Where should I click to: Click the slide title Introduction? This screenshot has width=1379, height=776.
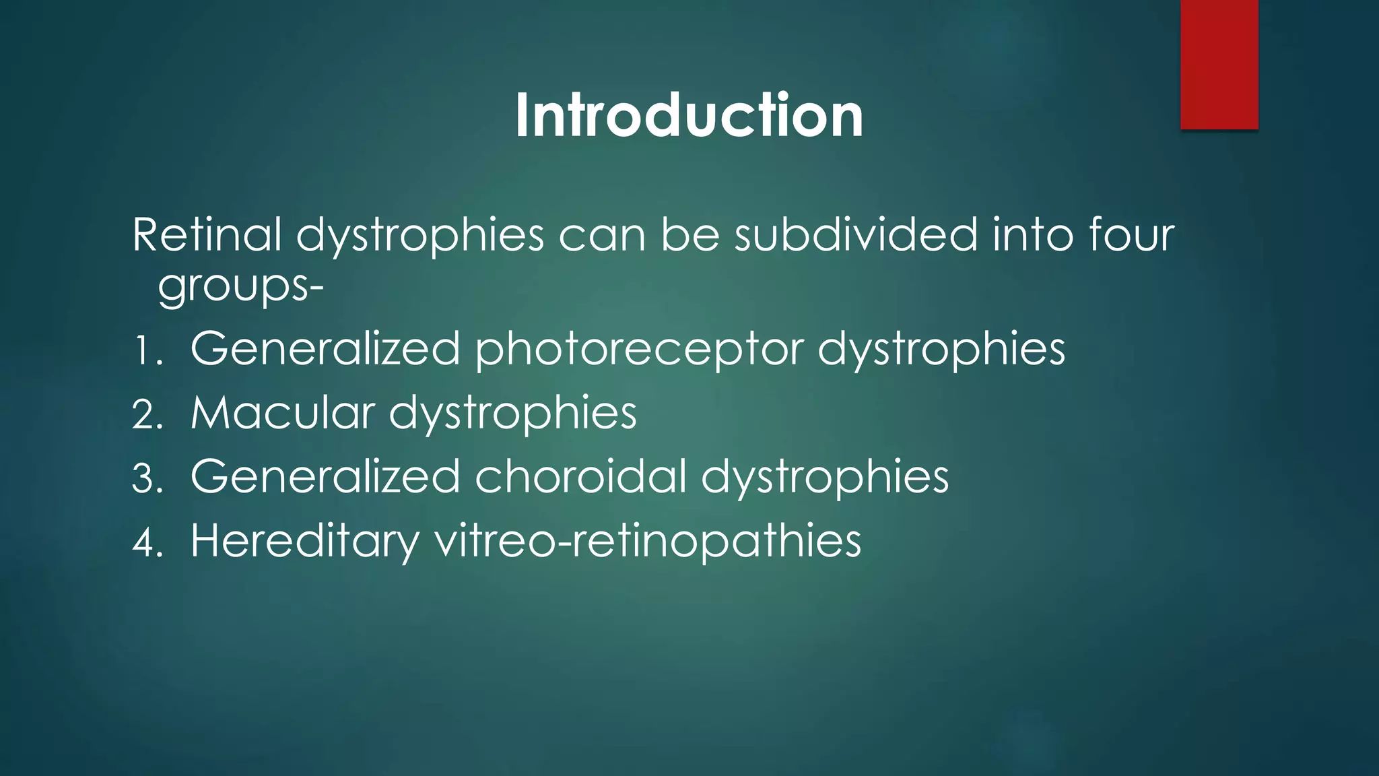pyautogui.click(x=689, y=116)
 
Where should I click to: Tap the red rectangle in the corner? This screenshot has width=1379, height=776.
pyautogui.click(x=1219, y=64)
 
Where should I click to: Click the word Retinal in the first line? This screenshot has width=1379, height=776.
pyautogui.click(x=207, y=235)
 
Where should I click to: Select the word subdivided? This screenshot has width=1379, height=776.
pyautogui.click(x=855, y=235)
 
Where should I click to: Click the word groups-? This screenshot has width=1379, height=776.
pyautogui.click(x=240, y=286)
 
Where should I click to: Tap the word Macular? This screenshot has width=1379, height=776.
pyautogui.click(x=283, y=412)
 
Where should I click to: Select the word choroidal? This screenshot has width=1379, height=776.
pyautogui.click(x=580, y=476)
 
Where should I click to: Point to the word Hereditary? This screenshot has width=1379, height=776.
pyautogui.click(x=305, y=541)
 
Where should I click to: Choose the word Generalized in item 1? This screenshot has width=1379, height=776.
pyautogui.click(x=325, y=349)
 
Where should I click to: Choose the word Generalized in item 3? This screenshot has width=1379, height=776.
pyautogui.click(x=325, y=476)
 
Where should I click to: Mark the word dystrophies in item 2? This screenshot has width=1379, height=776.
pyautogui.click(x=512, y=414)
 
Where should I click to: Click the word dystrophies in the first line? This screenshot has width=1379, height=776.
pyautogui.click(x=419, y=236)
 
